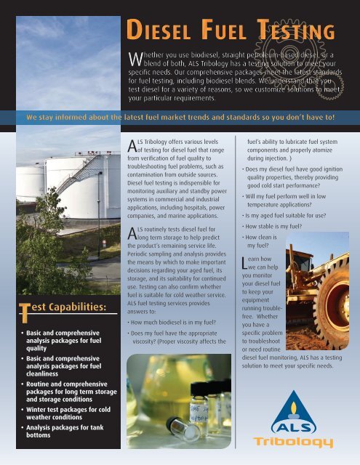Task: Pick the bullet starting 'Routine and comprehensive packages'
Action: point(61,387)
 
